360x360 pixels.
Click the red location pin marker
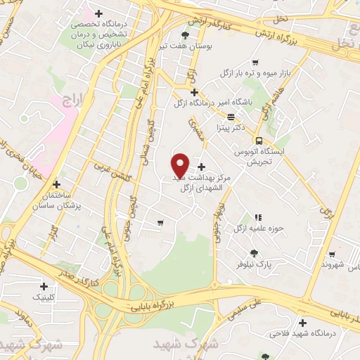point(181,165)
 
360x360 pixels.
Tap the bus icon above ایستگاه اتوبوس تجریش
point(260,141)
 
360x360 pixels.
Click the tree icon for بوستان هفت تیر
point(185,35)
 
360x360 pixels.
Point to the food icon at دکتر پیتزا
point(231,116)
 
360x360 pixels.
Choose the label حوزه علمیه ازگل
point(257,229)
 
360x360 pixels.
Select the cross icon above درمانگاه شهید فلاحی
point(303,323)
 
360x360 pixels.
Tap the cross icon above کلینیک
point(44,286)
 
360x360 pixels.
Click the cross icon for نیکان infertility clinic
point(98,14)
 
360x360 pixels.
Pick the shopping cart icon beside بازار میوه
point(255,62)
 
